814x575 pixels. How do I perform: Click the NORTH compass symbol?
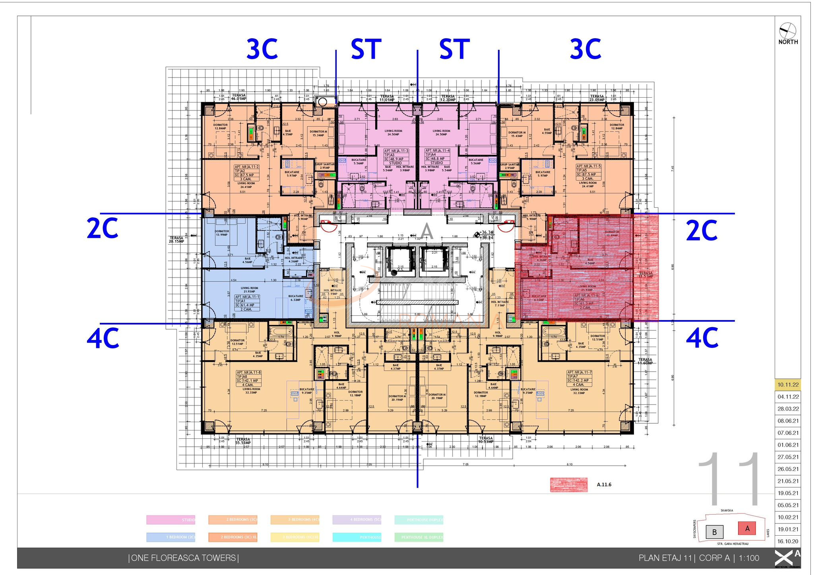(x=788, y=31)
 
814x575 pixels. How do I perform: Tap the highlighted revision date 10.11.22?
(x=788, y=384)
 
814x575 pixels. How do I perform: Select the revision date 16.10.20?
(x=788, y=541)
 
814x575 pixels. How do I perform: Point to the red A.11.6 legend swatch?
(x=568, y=484)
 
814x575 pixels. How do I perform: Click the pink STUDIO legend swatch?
(x=171, y=520)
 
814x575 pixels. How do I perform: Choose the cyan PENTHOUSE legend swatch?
(x=357, y=537)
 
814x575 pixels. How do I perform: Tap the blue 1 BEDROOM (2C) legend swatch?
(x=171, y=537)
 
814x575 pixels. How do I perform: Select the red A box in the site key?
(x=747, y=528)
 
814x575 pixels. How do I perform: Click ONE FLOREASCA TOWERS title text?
(x=183, y=558)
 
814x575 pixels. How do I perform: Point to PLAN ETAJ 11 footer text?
(x=666, y=558)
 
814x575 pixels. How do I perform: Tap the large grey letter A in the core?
(x=426, y=231)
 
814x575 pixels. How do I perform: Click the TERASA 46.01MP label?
(x=239, y=97)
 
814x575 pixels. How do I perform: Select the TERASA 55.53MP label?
(x=243, y=441)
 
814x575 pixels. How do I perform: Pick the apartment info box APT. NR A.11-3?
(x=396, y=157)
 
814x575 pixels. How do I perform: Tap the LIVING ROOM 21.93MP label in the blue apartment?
(x=249, y=290)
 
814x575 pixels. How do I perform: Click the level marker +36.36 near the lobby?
(x=486, y=233)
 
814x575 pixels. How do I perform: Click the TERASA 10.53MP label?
(x=485, y=440)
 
